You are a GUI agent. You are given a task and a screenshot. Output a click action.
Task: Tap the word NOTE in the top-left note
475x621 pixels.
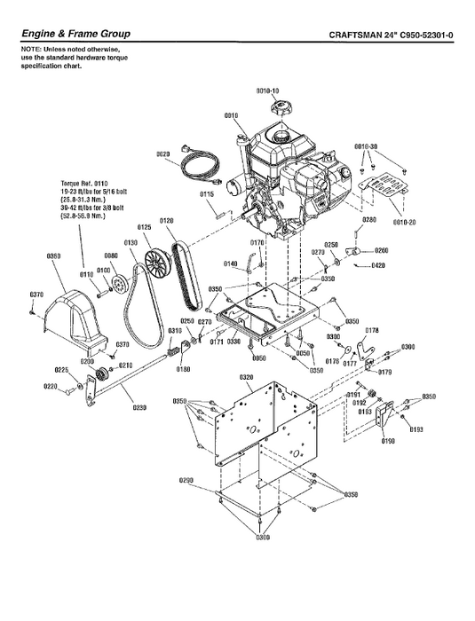click(x=31, y=51)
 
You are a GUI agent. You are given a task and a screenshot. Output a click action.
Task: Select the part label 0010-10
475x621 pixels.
click(x=268, y=91)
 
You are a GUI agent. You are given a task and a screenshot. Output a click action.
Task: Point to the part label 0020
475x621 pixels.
click(x=162, y=154)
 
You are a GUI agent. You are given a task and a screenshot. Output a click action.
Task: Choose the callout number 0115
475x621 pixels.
click(x=206, y=193)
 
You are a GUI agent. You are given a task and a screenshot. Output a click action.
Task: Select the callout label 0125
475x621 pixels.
click(x=145, y=227)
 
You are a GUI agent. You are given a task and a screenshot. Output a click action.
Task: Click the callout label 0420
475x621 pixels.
click(x=379, y=265)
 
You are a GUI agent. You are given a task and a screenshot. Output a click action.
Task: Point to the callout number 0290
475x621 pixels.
click(x=186, y=480)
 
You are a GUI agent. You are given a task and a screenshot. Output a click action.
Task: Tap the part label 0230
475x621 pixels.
click(x=139, y=408)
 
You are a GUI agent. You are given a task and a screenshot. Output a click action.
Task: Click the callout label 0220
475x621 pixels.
click(x=51, y=386)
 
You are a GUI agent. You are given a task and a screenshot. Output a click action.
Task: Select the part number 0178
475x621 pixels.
click(x=371, y=330)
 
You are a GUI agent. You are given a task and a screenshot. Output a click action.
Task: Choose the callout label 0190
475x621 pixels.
click(x=387, y=440)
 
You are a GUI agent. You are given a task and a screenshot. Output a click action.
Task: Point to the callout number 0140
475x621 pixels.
click(x=230, y=263)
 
